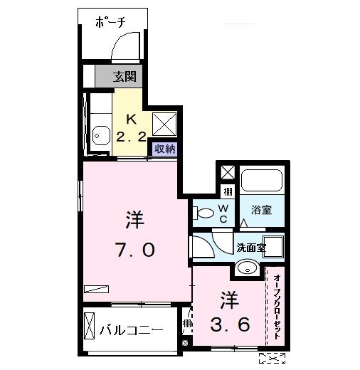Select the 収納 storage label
pyautogui.click(x=165, y=149)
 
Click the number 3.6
pyautogui.click(x=229, y=326)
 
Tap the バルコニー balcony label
pyautogui.click(x=131, y=329)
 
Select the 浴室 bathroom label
pyautogui.click(x=262, y=210)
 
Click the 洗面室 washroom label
pyautogui.click(x=250, y=248)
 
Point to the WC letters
pyautogui.click(x=223, y=213)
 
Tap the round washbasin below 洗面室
pyautogui.click(x=247, y=268)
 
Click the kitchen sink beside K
pyautogui.click(x=99, y=133)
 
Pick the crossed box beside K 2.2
pyautogui.click(x=164, y=124)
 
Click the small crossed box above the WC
pyautogui.click(x=227, y=172)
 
